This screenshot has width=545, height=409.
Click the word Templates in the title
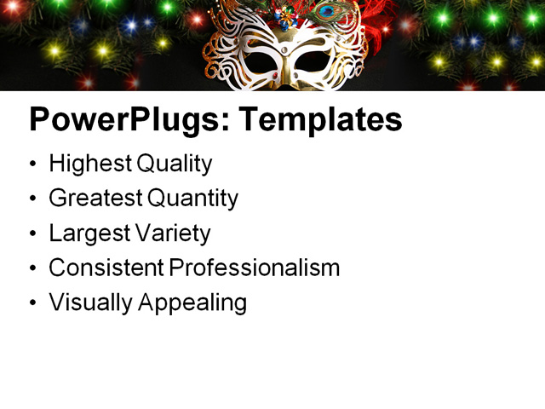tap(319, 120)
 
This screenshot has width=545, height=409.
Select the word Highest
tap(88, 164)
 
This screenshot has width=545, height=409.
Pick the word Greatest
tap(95, 199)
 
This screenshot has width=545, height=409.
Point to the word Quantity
tap(192, 199)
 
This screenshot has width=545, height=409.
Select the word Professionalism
tap(254, 268)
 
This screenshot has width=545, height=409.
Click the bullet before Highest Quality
tap(33, 164)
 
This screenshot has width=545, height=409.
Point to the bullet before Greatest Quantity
tap(33, 199)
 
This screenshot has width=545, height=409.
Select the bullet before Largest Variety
tap(33, 233)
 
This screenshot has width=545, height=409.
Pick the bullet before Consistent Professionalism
tap(33, 268)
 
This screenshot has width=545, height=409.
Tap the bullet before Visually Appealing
tap(33, 303)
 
